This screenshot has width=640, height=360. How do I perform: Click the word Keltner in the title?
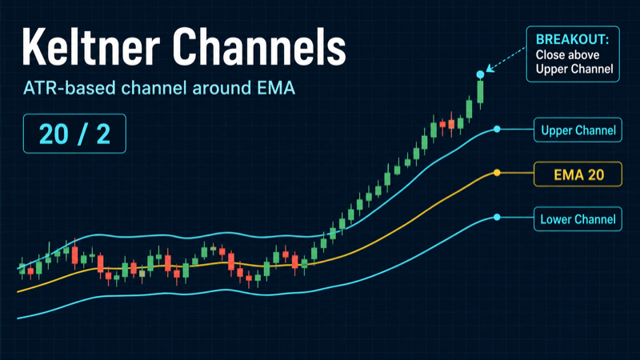[90, 46]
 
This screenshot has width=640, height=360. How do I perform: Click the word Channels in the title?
[258, 46]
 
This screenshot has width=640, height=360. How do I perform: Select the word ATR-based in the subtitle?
[70, 88]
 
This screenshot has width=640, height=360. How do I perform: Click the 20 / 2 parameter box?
[74, 134]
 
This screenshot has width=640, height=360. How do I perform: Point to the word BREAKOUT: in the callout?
[572, 39]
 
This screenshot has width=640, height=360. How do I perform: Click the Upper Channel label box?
[578, 130]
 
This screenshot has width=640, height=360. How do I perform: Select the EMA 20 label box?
[578, 174]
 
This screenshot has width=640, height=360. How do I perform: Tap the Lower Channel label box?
[578, 219]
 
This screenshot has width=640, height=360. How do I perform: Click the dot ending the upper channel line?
[497, 130]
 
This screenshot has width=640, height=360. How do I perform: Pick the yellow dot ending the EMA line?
[497, 173]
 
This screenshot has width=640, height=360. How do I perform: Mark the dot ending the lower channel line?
[497, 217]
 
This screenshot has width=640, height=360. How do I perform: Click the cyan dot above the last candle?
[481, 74]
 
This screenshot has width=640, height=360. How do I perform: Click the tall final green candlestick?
[481, 93]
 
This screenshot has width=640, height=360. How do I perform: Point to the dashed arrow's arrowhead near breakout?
[490, 69]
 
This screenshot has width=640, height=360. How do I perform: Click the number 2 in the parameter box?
[103, 134]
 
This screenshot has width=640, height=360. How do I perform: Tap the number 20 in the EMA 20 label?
[596, 174]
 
